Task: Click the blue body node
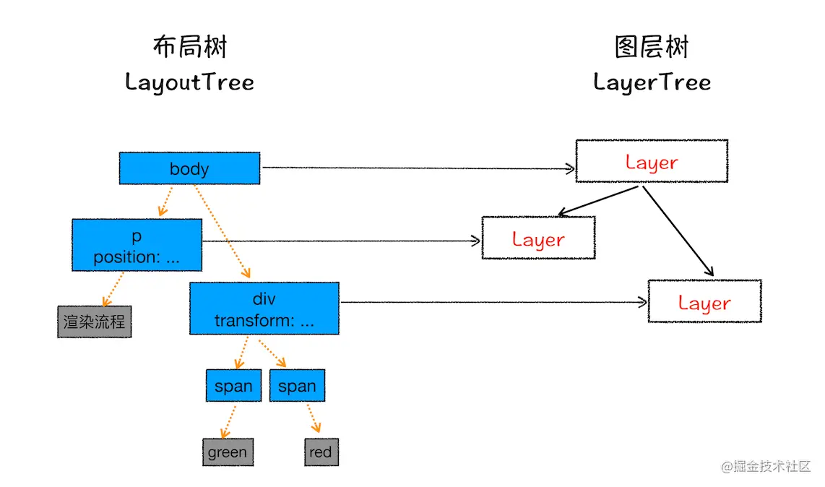(x=189, y=168)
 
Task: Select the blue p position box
(x=137, y=246)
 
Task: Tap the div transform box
(x=264, y=309)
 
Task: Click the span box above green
(x=233, y=386)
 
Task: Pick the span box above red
(x=297, y=386)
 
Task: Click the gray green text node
(x=228, y=452)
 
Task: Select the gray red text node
(x=321, y=452)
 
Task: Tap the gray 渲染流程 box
(x=95, y=322)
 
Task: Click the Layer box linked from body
(x=652, y=162)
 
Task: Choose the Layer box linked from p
(x=538, y=238)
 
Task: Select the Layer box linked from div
(x=704, y=302)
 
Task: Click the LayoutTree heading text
(x=189, y=82)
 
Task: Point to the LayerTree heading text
(x=652, y=82)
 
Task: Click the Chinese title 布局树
(x=189, y=47)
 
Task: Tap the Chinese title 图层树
(x=652, y=47)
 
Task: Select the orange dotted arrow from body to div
(x=222, y=231)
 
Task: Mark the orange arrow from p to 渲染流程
(x=113, y=288)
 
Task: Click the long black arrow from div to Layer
(x=491, y=302)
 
